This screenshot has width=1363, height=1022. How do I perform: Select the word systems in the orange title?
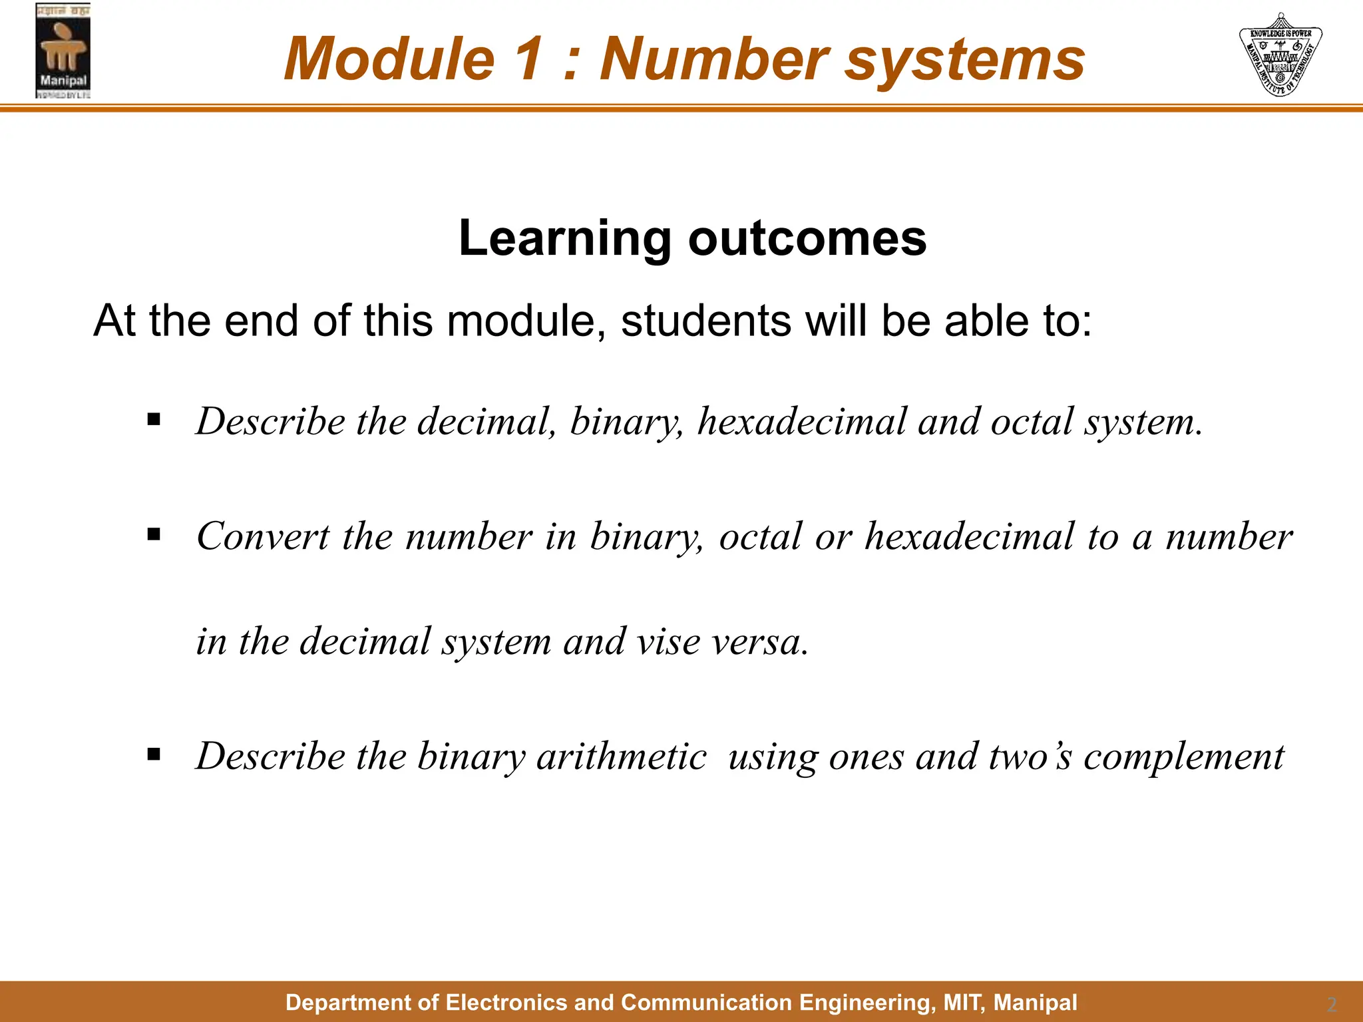pos(965,60)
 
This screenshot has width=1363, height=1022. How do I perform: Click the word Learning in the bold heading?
pos(565,238)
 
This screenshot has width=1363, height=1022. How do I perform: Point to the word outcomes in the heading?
pos(807,238)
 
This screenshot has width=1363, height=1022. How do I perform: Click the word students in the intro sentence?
pos(706,321)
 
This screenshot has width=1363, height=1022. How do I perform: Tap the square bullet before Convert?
pos(154,534)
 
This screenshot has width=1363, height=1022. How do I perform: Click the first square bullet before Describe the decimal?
pos(154,419)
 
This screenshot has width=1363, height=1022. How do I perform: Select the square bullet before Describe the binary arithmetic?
pos(154,754)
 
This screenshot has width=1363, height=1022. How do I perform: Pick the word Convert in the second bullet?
pos(263,536)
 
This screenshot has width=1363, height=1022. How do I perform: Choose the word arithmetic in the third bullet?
pos(621,757)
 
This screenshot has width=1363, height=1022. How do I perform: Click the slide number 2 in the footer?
pos(1331,1004)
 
